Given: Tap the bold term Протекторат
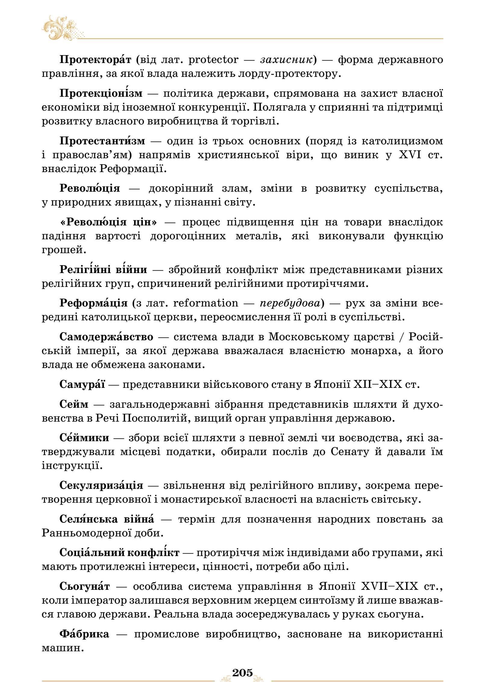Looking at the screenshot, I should [95, 60].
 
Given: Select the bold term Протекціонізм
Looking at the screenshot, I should [101, 93].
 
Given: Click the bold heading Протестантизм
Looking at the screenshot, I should [102, 141].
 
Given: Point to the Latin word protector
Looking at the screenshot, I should [213, 60].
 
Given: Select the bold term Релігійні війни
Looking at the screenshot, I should [103, 269].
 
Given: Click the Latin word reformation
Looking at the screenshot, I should [206, 303].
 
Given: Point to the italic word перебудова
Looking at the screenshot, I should [290, 303].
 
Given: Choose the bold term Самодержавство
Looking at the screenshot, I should [106, 337].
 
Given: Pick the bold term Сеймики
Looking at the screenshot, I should [84, 437].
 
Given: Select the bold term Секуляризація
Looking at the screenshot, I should [101, 486].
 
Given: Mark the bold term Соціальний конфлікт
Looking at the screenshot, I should [119, 553].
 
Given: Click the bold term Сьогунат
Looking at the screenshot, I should [85, 586].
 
